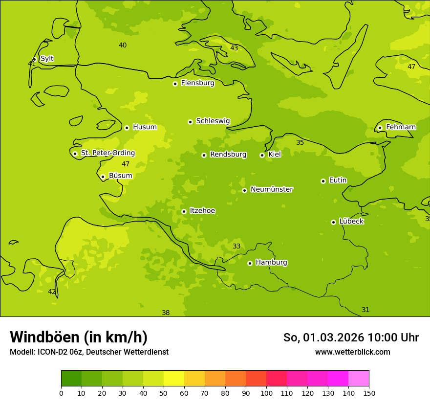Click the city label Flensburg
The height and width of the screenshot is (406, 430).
pyautogui.click(x=197, y=83)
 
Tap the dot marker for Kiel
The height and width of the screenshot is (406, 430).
pyautogui.click(x=262, y=155)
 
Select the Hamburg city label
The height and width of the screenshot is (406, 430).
pyautogui.click(x=271, y=263)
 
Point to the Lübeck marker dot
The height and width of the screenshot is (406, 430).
pyautogui.click(x=333, y=222)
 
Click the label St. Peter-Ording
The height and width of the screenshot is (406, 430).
pyautogui.click(x=107, y=153)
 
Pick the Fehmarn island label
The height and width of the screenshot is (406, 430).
pyautogui.click(x=401, y=127)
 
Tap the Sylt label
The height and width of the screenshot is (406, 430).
pyautogui.click(x=47, y=59)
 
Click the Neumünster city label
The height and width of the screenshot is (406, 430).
pyautogui.click(x=271, y=189)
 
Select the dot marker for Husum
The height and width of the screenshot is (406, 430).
pyautogui.click(x=127, y=128)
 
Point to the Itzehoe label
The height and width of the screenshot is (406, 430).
pyautogui.click(x=202, y=211)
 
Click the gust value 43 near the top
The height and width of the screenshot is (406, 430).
pyautogui.click(x=234, y=48)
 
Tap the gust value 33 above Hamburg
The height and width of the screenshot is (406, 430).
pyautogui.click(x=236, y=246)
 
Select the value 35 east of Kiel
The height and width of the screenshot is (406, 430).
pyautogui.click(x=300, y=142)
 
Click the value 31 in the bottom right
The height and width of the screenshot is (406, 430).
pyautogui.click(x=365, y=310)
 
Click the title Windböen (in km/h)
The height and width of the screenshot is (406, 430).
pyautogui.click(x=79, y=337)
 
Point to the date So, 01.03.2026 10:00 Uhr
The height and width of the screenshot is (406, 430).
pyautogui.click(x=351, y=338)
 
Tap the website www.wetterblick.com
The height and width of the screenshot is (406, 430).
pyautogui.click(x=352, y=352)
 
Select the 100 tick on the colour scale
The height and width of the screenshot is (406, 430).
pyautogui.click(x=266, y=393)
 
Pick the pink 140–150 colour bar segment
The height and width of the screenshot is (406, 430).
pyautogui.click(x=359, y=379)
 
